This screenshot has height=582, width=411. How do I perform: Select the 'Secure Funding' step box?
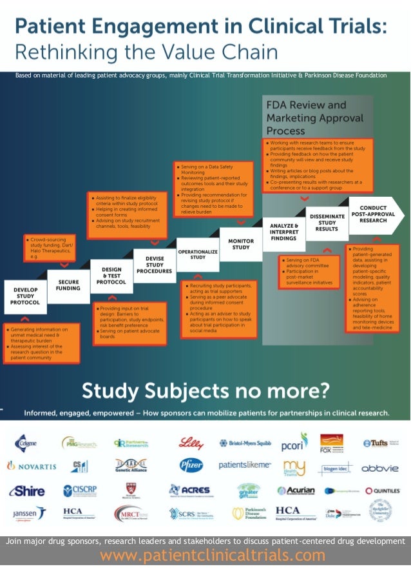[x=68, y=285]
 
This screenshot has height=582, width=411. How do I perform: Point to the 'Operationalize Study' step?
[x=198, y=253]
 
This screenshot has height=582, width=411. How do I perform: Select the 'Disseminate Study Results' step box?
[x=327, y=223]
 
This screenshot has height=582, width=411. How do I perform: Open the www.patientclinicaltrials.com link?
[x=213, y=555]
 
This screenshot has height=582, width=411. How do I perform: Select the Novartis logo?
[x=32, y=466]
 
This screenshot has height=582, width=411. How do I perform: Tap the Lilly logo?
[x=192, y=443]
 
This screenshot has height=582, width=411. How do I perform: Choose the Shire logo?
[x=26, y=490]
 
